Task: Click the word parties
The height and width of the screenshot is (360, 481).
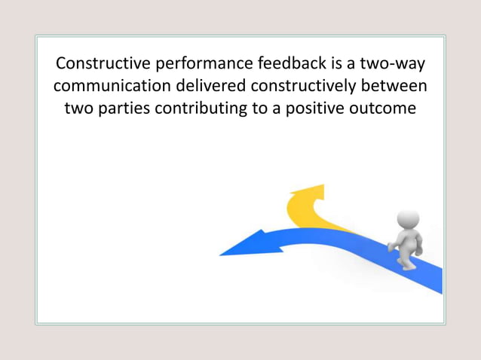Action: (123, 108)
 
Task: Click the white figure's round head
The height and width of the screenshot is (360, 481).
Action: (408, 219)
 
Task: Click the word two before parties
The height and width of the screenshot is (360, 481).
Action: (81, 108)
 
